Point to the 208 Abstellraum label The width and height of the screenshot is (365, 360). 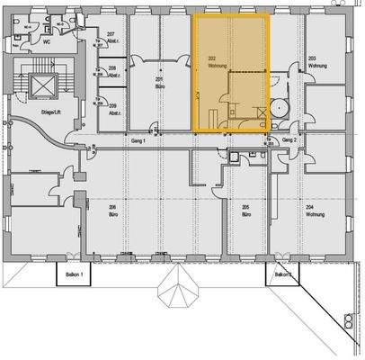coord(112,70)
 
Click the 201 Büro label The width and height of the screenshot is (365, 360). coord(159,80)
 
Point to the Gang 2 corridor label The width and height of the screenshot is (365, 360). coord(289,141)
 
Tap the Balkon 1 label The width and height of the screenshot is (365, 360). coord(76,274)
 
